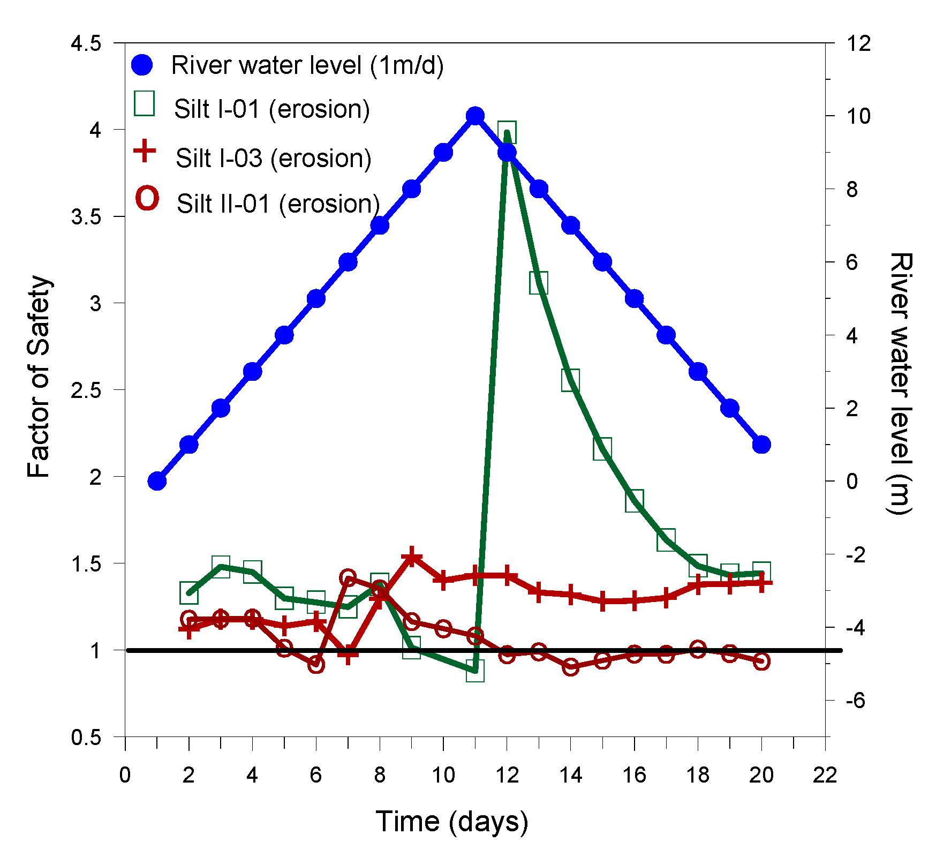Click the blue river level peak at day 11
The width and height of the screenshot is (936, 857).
click(475, 116)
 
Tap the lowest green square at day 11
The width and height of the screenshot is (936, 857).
click(475, 671)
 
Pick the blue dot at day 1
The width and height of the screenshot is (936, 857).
click(157, 481)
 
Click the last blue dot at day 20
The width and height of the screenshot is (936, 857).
click(761, 445)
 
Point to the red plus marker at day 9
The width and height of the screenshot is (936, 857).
click(412, 557)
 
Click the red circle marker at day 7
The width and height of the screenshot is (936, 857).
click(348, 577)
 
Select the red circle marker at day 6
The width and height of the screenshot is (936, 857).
click(316, 665)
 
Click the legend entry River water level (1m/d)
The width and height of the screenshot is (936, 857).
click(307, 65)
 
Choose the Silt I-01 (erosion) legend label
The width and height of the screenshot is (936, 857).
click(272, 109)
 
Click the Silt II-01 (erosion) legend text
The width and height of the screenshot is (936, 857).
click(278, 204)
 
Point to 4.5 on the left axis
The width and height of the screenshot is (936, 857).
click(86, 43)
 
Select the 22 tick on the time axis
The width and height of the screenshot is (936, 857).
click(825, 775)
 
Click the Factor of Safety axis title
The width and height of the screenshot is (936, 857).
click(39, 377)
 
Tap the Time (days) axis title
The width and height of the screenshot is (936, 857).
click(451, 821)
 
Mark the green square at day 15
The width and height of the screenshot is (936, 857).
click(602, 448)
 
